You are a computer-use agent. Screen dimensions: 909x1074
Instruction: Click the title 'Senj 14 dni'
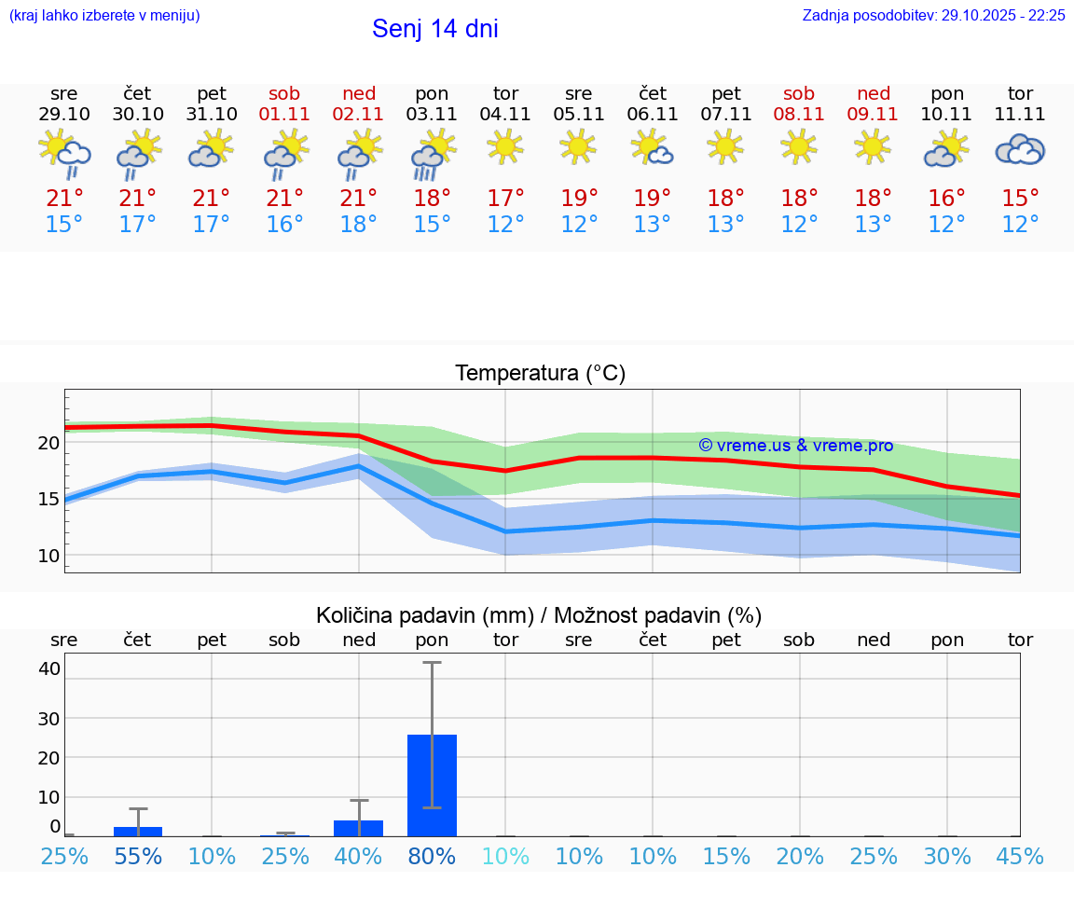434,29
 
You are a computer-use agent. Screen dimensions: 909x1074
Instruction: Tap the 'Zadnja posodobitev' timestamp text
933,16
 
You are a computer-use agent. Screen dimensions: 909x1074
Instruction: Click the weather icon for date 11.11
1020,149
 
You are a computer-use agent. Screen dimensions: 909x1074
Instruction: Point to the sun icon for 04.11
505,146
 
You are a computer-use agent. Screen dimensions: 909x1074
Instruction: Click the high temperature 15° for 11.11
1020,199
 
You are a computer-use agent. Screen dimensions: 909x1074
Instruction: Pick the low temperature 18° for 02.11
359,225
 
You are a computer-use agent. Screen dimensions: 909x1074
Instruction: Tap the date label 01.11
285,115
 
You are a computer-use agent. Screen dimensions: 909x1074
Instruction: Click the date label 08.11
799,115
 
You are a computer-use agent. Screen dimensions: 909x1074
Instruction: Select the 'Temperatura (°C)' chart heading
540,374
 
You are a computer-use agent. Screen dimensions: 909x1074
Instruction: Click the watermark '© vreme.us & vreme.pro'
795,446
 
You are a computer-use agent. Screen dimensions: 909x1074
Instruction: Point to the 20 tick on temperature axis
48,443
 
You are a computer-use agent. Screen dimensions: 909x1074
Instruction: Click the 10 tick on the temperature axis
48,556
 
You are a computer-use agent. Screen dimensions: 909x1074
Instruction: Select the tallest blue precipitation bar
433,785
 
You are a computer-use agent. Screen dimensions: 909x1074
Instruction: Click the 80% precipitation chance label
433,857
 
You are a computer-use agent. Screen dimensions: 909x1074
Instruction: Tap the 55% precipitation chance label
138,857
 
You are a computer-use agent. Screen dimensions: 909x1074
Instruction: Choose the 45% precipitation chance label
1020,857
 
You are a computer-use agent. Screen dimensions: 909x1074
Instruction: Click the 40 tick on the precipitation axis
49,668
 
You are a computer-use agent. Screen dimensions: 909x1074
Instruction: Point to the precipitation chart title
539,615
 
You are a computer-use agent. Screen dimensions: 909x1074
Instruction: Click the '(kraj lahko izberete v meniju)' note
104,16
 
